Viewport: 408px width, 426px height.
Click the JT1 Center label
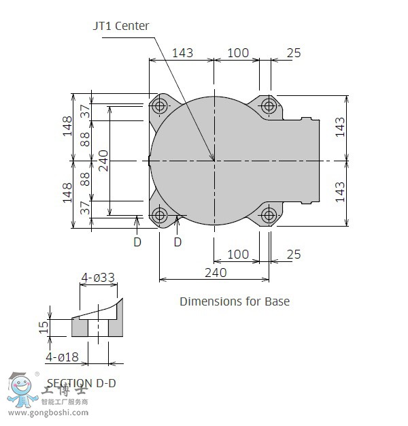121,26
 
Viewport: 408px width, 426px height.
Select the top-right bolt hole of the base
269,105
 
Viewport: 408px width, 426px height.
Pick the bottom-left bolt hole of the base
160,216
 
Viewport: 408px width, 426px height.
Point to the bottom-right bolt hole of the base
269,216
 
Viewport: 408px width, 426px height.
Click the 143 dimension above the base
182,52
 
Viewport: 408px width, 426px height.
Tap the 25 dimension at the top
294,52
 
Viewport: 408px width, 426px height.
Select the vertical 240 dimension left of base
103,161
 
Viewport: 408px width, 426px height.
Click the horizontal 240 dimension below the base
215,272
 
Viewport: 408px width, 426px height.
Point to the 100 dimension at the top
237,52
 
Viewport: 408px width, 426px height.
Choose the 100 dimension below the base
237,255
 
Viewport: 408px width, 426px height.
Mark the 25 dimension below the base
294,255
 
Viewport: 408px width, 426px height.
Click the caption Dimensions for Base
234,301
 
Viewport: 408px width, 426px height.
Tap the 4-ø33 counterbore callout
98,278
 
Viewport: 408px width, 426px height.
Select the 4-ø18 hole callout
62,357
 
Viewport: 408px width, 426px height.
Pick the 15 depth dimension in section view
44,327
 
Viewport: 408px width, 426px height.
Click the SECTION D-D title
81,383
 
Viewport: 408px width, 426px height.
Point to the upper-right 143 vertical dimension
340,127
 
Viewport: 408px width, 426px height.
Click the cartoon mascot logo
20,390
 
